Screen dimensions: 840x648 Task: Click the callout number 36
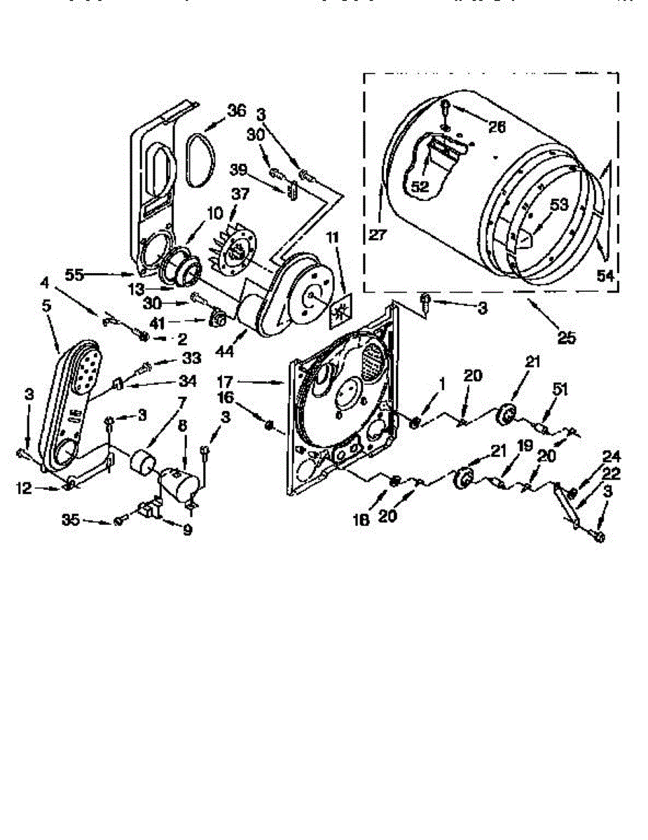coord(237,111)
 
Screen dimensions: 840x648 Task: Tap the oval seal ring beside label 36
coord(199,160)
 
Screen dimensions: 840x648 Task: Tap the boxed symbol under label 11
coord(342,311)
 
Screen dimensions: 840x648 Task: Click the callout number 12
coord(25,488)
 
